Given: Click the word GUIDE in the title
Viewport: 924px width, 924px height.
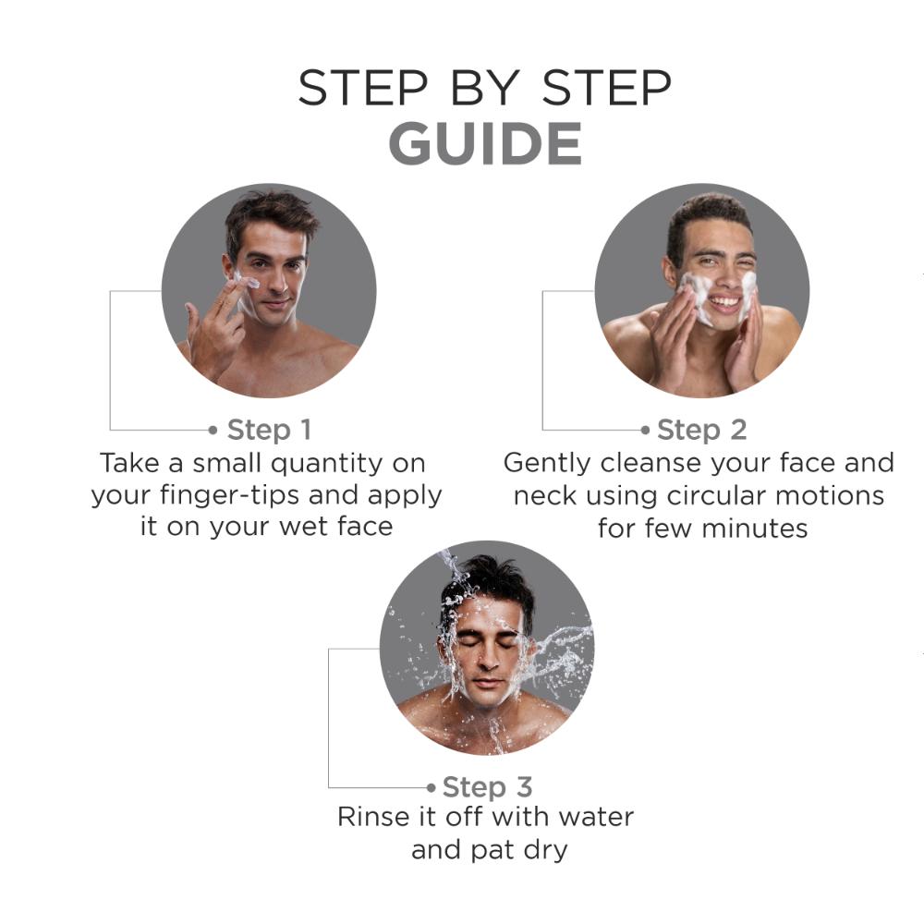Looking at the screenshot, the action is (x=485, y=144).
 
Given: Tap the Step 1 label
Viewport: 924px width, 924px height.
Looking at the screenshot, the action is (x=269, y=431).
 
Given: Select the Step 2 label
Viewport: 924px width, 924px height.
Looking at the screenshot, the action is (x=702, y=431).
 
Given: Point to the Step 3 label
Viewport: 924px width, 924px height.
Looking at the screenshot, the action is (x=487, y=787).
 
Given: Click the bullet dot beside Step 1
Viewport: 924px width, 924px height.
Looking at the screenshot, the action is (x=213, y=431).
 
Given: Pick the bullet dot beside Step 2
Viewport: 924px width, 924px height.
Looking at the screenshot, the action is (x=645, y=431).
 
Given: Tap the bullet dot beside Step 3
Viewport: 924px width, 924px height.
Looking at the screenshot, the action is (x=432, y=787).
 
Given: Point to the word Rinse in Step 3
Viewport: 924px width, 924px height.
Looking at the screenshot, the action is (x=365, y=818).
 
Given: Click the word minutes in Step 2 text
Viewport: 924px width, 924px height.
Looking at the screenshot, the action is (x=755, y=529).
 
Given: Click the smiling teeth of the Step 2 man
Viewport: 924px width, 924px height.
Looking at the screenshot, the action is (x=724, y=303).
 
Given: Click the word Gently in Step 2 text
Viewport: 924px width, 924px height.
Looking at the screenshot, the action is (x=547, y=464).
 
